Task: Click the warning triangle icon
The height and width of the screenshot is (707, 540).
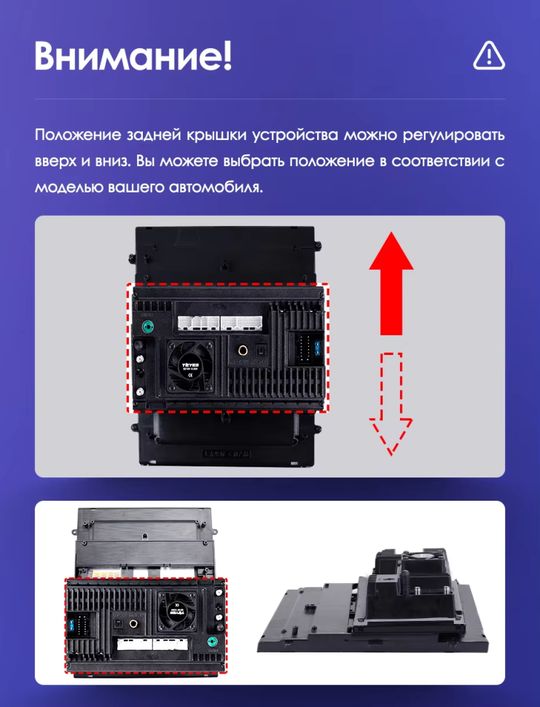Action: click(x=488, y=55)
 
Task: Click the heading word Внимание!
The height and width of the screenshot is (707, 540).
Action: click(x=133, y=55)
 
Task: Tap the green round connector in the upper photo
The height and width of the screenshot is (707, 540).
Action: click(x=149, y=327)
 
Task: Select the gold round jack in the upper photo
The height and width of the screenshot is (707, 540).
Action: click(x=242, y=351)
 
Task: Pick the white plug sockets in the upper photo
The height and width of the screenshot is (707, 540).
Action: click(x=218, y=322)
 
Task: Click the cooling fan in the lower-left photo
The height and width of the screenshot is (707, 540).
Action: click(x=176, y=606)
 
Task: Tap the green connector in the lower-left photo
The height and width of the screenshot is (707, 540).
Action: click(x=213, y=642)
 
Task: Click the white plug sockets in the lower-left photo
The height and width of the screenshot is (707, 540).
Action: click(x=152, y=644)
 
